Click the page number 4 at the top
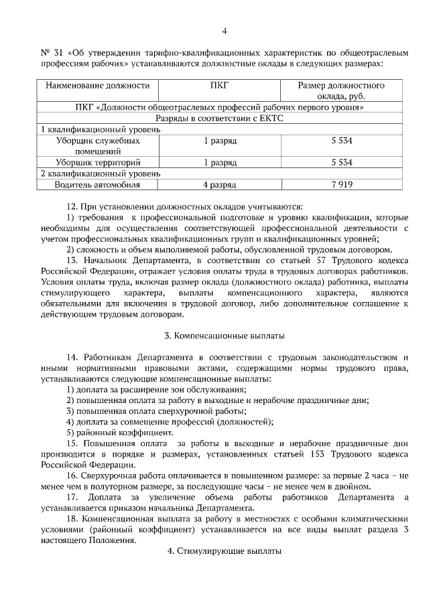[224, 31]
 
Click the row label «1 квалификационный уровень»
[101, 129]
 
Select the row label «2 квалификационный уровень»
[101, 173]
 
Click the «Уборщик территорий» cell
[97, 163]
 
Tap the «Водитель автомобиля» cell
[97, 185]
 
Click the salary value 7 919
[341, 185]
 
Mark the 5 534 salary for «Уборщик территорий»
[341, 163]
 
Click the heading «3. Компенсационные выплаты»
[225, 335]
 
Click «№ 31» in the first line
[51, 53]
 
